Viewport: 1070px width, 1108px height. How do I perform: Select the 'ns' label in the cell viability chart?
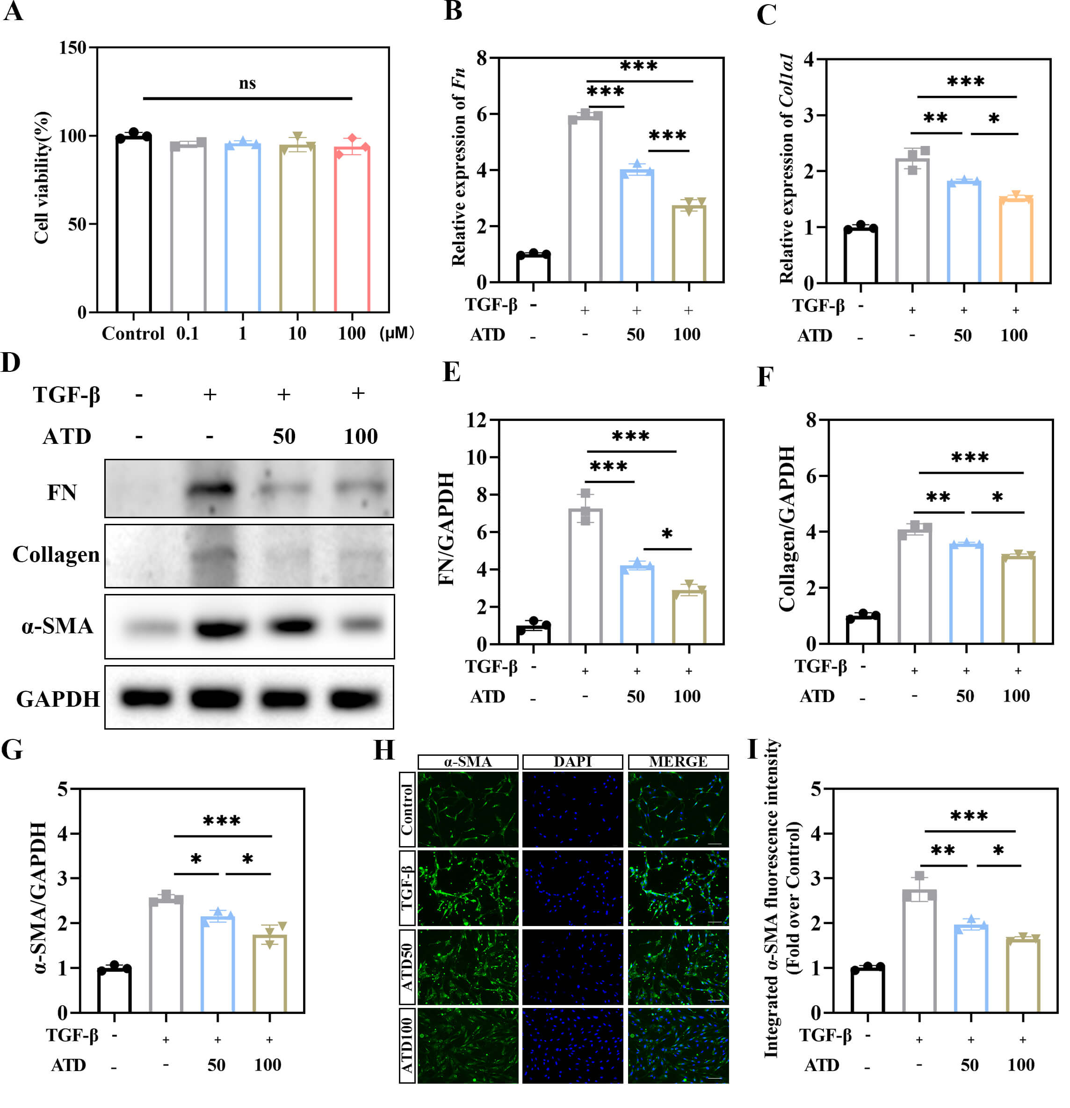[x=247, y=84]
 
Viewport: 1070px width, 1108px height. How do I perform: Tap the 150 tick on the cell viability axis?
[x=73, y=48]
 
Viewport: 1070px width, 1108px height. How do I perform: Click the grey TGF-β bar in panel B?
[x=585, y=198]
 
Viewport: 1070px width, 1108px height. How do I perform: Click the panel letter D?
[x=11, y=362]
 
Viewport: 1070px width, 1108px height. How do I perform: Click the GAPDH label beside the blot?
[x=58, y=699]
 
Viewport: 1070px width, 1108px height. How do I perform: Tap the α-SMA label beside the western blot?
[x=57, y=626]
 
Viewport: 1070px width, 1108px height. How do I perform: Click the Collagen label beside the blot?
[x=56, y=555]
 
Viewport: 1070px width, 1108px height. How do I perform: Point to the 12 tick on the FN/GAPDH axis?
[x=476, y=420]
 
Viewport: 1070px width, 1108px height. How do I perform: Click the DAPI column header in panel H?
[x=572, y=761]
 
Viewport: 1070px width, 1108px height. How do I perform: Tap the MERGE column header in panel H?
[x=678, y=761]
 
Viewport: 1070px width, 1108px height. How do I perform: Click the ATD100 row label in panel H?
[x=407, y=1045]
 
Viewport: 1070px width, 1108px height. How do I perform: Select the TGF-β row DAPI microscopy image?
[x=572, y=888]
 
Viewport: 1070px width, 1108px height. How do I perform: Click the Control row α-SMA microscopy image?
[x=468, y=810]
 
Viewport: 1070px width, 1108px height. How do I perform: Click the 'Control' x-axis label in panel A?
[x=133, y=333]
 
